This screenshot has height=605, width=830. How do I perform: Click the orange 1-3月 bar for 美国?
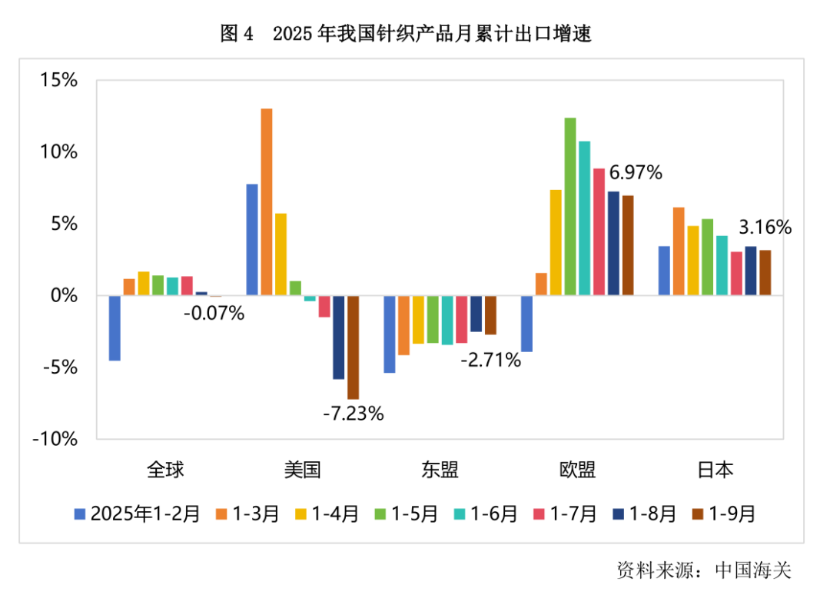266,202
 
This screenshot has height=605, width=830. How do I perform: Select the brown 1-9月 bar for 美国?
353,347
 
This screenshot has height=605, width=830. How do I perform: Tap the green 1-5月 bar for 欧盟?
570,207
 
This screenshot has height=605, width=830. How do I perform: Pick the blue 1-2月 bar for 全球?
115,327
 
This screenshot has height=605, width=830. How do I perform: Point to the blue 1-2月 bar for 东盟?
390,334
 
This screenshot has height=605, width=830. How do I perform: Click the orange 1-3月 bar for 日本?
679,251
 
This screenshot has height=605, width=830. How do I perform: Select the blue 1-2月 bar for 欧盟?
526,323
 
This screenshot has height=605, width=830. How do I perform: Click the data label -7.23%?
353,414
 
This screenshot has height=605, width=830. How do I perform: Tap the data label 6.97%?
636,173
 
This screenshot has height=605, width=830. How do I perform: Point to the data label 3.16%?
765,228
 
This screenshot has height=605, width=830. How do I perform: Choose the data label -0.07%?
214,313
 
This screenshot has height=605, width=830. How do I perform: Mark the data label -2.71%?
490,359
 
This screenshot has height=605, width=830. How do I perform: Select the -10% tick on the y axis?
55,439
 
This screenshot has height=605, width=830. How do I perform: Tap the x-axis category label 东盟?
440,470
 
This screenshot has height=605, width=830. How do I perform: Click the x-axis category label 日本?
714,470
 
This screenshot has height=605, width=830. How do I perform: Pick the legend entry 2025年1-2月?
137,514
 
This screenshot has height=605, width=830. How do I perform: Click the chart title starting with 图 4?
405,34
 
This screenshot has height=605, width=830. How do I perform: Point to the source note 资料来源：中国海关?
703,570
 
